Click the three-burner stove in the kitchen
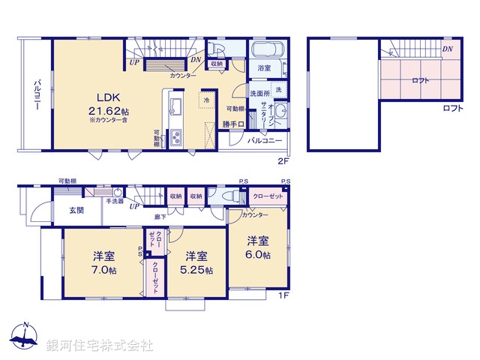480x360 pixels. pos(178,138)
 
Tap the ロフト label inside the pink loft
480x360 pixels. pos(421,81)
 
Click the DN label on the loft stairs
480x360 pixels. pos(447,49)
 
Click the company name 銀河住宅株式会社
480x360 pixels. pos(100,345)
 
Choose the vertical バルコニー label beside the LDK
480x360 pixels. pos(35,95)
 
